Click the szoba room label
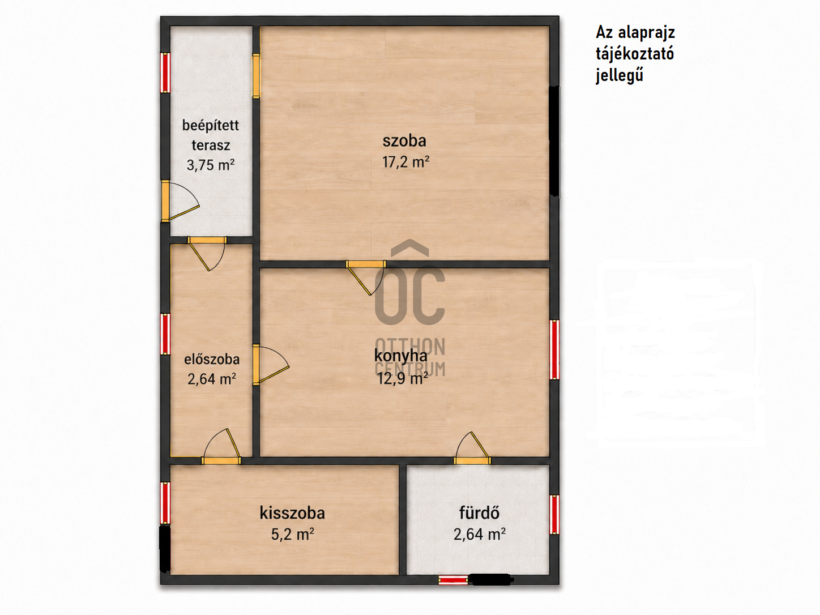click(404, 141)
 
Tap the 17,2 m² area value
click(405, 162)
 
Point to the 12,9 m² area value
click(402, 378)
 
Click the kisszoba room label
click(292, 512)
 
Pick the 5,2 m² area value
click(292, 535)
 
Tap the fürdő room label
click(479, 512)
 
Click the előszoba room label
click(212, 359)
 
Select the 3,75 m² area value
click(211, 165)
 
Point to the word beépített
click(211, 126)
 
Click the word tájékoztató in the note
click(635, 54)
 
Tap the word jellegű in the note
click(620, 76)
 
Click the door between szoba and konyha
click(365, 278)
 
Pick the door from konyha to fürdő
click(472, 448)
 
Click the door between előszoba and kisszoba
click(221, 447)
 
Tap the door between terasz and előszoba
click(207, 253)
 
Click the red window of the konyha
click(555, 349)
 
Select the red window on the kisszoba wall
click(165, 503)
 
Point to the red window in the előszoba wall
click(165, 334)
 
